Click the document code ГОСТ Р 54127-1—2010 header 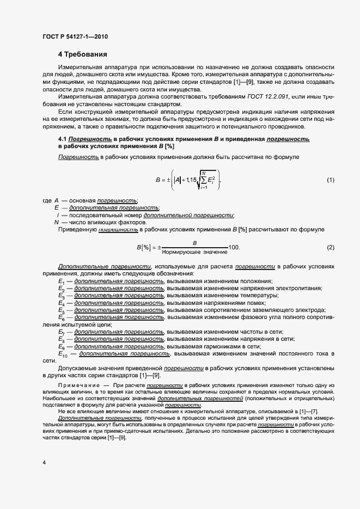point(75,36)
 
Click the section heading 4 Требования point(83,54)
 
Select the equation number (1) point(330,180)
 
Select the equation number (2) point(330,248)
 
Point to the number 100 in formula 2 point(234,248)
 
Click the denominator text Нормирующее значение point(194,253)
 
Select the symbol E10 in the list point(64,354)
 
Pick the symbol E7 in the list point(62,332)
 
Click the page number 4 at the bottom point(44,462)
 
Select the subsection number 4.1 point(63,139)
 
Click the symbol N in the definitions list point(56,222)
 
